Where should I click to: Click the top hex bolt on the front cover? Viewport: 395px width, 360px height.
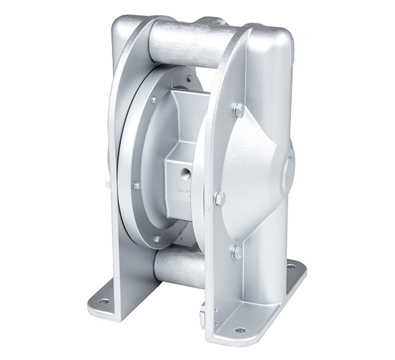tap(239, 111)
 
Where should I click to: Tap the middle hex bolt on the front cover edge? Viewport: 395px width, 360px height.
tap(219, 199)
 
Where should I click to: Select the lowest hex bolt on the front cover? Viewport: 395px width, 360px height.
tap(236, 253)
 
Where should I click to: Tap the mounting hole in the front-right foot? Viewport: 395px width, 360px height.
tap(240, 329)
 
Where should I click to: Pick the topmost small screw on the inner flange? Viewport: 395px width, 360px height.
tap(189, 79)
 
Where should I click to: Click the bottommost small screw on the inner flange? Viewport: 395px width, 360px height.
tap(157, 239)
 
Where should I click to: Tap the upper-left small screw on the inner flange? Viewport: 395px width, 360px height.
tap(153, 99)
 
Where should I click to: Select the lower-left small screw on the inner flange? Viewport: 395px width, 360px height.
tap(136, 186)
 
